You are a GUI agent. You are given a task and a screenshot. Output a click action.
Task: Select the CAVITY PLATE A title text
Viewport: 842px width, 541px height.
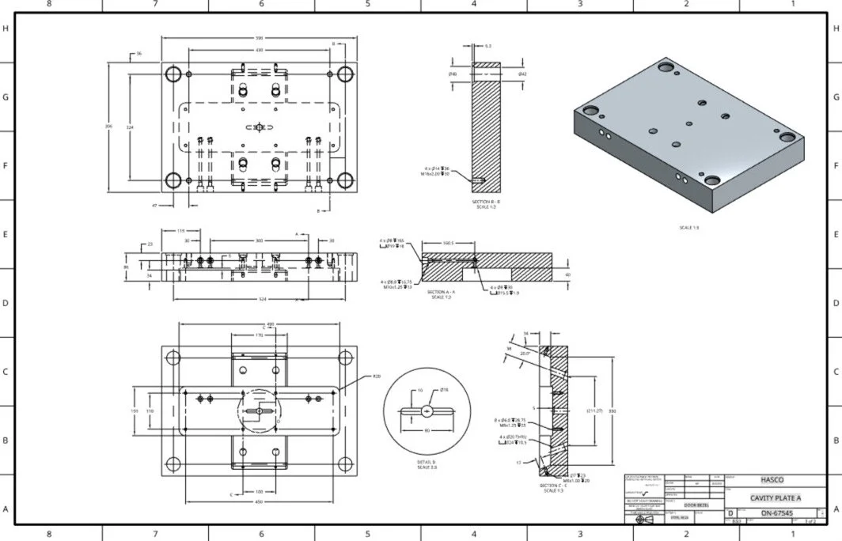[x=776, y=497]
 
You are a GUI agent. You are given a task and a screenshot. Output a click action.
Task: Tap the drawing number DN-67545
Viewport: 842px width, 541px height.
[x=777, y=513]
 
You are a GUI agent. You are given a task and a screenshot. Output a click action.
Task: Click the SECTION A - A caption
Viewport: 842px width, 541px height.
[x=442, y=292]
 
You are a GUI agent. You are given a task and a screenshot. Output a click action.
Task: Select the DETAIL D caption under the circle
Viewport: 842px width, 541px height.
[x=427, y=462]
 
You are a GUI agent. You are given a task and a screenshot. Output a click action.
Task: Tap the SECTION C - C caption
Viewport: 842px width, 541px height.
[x=552, y=486]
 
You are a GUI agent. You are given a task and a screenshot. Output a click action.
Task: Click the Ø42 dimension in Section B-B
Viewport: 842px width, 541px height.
[x=522, y=74]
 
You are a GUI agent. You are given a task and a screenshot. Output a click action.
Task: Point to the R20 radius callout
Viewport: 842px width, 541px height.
[x=377, y=376]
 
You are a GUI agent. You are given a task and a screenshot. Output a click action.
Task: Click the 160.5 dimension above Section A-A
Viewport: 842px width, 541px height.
[x=447, y=244]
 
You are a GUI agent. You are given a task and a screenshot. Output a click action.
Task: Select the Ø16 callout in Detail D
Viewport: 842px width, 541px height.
[x=444, y=390]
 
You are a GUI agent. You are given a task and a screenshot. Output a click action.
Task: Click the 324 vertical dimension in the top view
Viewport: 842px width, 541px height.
[x=130, y=127]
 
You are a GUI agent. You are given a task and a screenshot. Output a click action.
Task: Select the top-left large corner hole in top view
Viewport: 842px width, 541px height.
[x=173, y=75]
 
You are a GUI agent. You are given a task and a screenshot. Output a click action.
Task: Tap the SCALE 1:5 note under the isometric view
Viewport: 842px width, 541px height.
[x=688, y=227]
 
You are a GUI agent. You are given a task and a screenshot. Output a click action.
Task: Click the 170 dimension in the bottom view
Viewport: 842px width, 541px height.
[x=259, y=335]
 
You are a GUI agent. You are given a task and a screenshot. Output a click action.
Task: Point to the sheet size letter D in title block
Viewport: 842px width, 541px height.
[x=730, y=513]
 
